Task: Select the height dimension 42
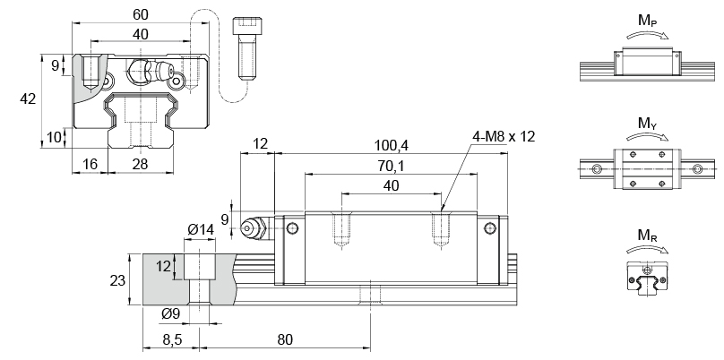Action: coord(28,100)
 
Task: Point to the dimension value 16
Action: coord(90,163)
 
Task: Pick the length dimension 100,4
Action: coord(391,145)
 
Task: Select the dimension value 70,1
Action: coord(391,166)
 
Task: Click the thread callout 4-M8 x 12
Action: coord(504,136)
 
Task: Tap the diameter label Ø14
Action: coord(201,230)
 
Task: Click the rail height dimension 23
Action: coord(117,280)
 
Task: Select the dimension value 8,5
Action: coord(173,340)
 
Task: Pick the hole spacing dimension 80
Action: coord(286,340)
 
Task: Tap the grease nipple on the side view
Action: coord(254,229)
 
